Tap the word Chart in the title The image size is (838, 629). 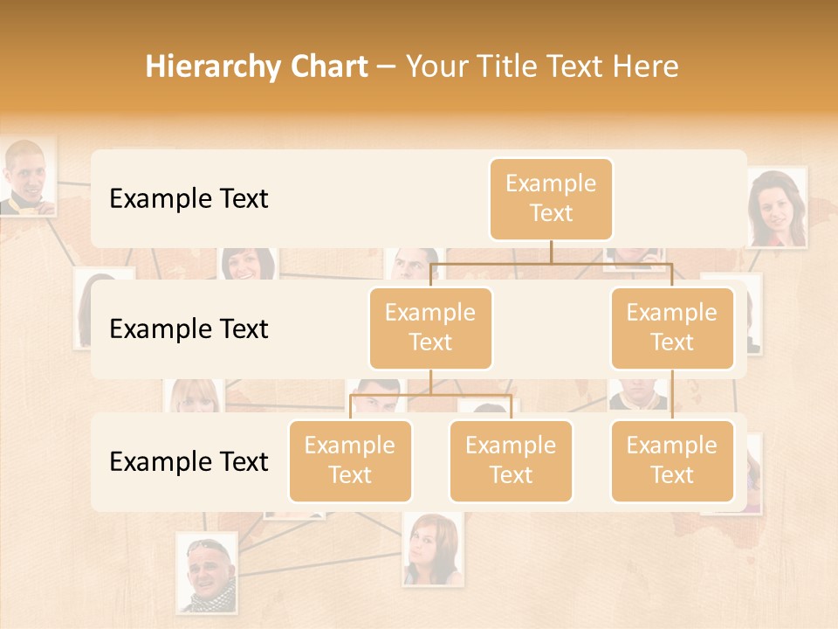(325, 66)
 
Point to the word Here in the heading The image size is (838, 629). (644, 66)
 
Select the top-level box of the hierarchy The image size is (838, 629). (551, 198)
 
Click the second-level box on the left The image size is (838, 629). (430, 328)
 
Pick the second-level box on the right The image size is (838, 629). (672, 328)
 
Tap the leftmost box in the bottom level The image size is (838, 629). (350, 460)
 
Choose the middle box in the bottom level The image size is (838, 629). (511, 460)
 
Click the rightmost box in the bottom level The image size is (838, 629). (672, 460)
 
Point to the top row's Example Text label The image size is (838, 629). (189, 199)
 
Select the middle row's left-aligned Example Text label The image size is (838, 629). (189, 329)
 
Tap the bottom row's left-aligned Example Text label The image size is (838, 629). (189, 461)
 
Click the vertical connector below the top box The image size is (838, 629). (551, 252)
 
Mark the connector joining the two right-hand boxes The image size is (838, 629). (672, 395)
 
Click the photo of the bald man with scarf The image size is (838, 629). (207, 573)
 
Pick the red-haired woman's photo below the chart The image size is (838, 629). (432, 549)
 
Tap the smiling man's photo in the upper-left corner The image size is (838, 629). (27, 177)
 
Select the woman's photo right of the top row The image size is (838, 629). (776, 209)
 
